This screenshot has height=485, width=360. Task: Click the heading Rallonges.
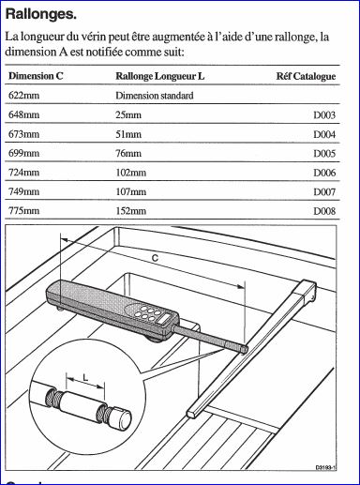click(41, 14)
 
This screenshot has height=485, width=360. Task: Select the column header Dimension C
click(36, 76)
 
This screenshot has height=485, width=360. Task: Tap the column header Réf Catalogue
click(306, 76)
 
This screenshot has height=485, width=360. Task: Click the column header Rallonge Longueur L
click(160, 76)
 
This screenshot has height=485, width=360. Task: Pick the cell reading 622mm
click(24, 95)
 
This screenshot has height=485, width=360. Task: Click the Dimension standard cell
click(155, 96)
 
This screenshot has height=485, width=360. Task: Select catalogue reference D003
click(324, 115)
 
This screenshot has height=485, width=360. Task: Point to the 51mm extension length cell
click(128, 134)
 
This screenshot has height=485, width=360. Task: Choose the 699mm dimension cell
click(24, 153)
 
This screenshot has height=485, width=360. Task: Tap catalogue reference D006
click(324, 173)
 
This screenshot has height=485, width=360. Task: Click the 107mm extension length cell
click(131, 191)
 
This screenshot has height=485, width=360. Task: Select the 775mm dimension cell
click(24, 210)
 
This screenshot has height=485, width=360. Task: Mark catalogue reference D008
click(324, 211)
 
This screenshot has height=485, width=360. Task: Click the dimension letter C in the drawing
click(155, 258)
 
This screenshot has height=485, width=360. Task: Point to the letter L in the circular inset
click(85, 378)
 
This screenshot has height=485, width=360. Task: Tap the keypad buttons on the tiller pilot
click(150, 313)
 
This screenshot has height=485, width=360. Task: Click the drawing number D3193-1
click(325, 468)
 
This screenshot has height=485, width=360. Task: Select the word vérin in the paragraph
click(92, 37)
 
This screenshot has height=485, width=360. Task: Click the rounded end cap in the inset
click(121, 418)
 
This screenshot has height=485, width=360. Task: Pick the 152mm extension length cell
click(131, 210)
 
